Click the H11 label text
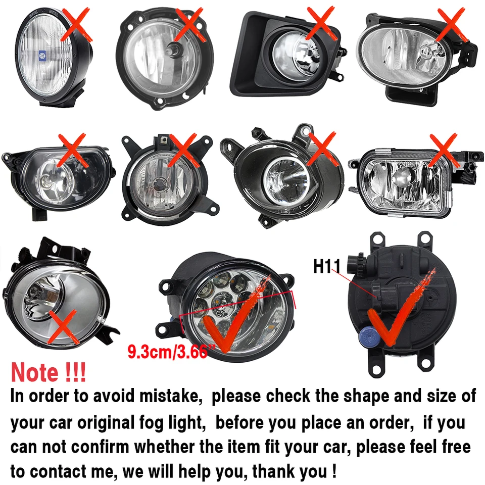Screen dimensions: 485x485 coord(327,266)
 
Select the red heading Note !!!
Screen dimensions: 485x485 coord(48,372)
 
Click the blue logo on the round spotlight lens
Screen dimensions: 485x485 coord(41,55)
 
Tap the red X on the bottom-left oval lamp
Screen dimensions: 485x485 coord(63,327)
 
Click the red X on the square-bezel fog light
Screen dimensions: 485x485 coord(322,23)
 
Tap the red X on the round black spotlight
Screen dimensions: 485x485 coord(77,25)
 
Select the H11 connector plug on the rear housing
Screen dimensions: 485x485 coord(383,297)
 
